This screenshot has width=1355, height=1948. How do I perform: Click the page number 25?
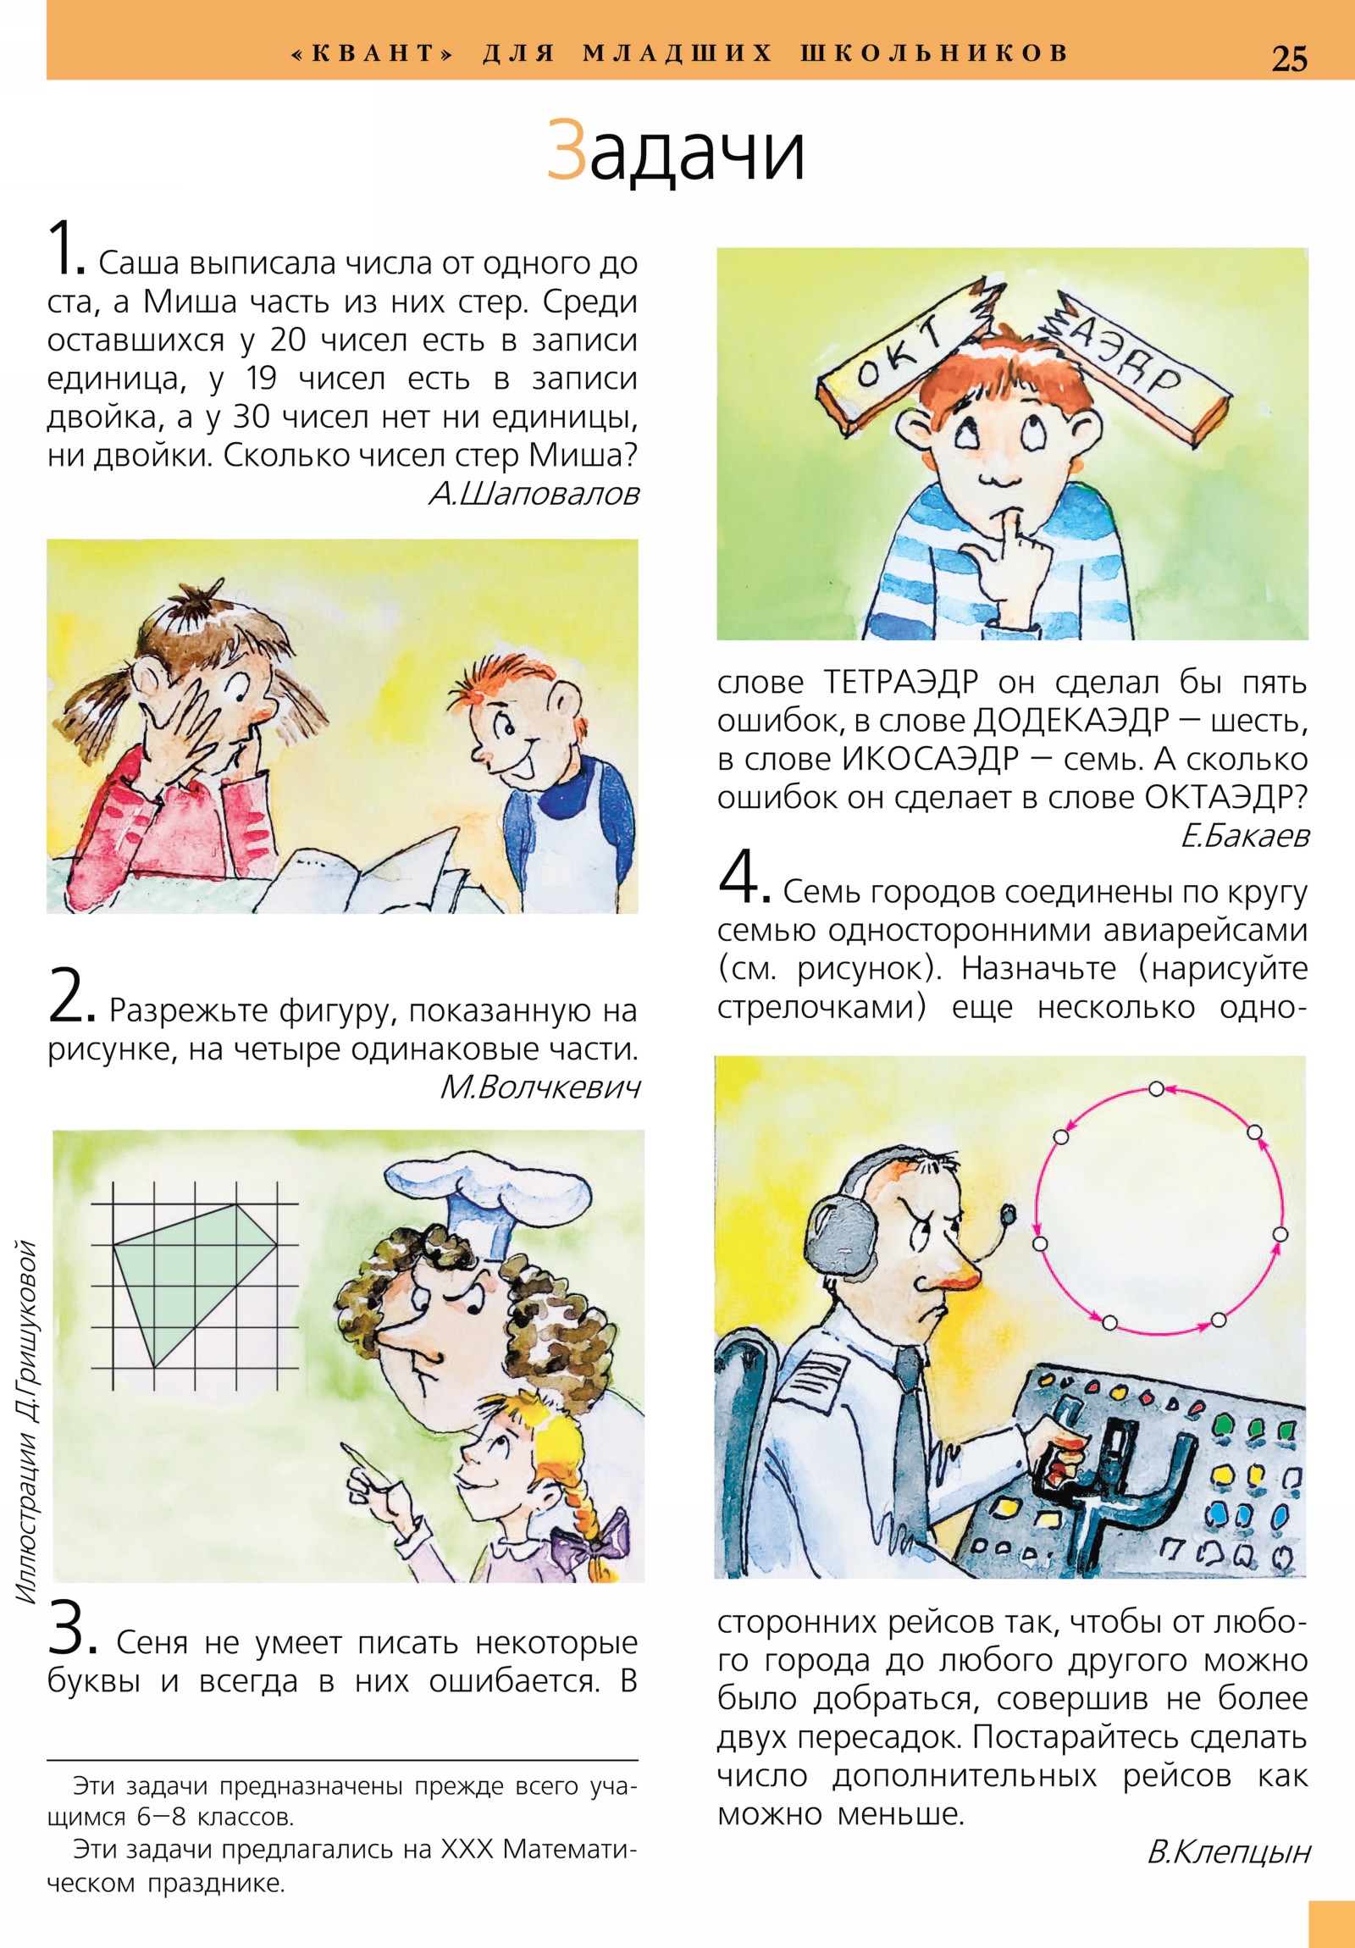pyautogui.click(x=1289, y=58)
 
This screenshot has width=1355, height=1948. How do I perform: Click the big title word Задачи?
pyautogui.click(x=675, y=151)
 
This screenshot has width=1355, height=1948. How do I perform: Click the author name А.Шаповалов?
pyautogui.click(x=534, y=494)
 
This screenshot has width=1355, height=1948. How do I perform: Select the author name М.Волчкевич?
pyautogui.click(x=539, y=1087)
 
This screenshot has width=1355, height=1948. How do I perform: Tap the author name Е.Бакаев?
pyautogui.click(x=1245, y=836)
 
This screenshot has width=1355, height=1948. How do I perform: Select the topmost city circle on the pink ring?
pyautogui.click(x=1156, y=1089)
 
